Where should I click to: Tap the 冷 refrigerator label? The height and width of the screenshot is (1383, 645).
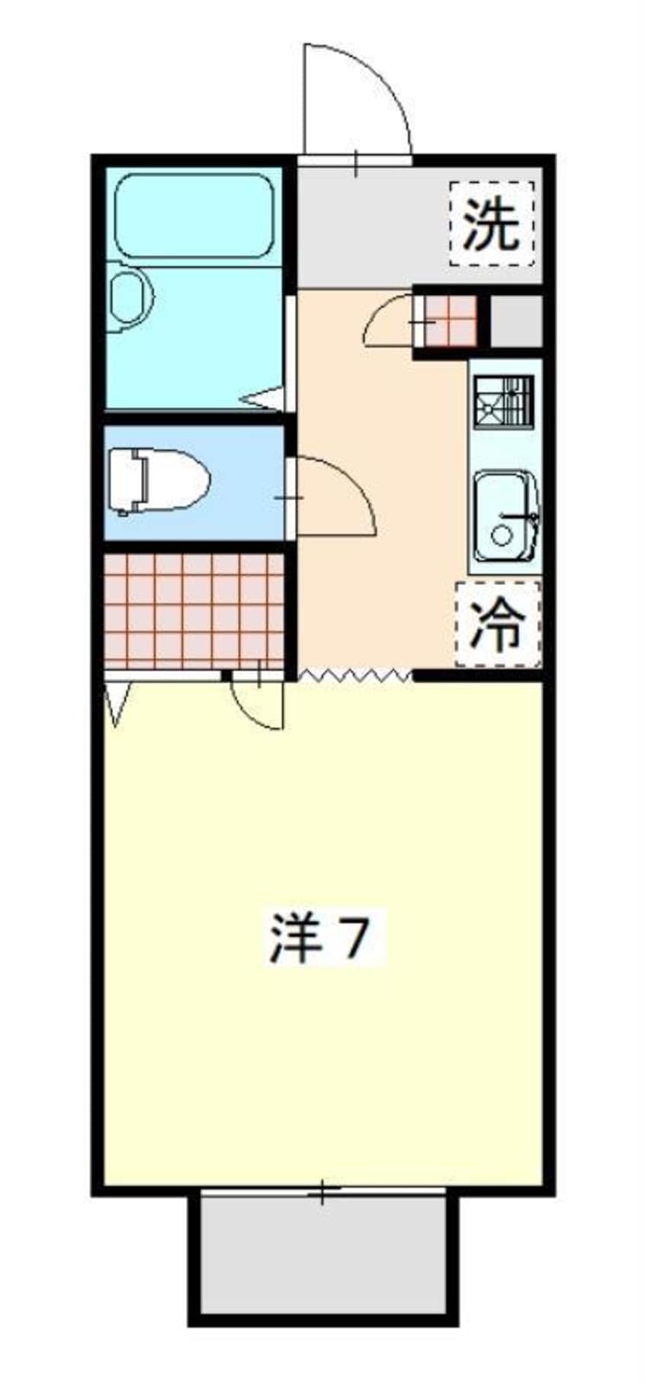pyautogui.click(x=497, y=624)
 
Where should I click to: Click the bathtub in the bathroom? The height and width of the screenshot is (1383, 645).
pyautogui.click(x=194, y=217)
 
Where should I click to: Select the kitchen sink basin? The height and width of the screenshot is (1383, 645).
pyautogui.click(x=503, y=515)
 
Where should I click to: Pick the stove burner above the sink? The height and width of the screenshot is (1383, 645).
pyautogui.click(x=503, y=401)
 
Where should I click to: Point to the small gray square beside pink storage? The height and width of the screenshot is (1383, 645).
pyautogui.click(x=515, y=319)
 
